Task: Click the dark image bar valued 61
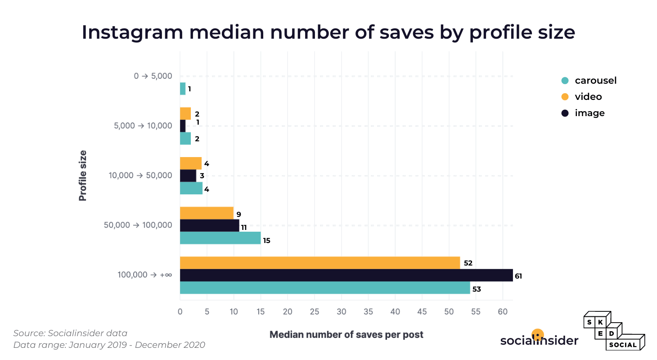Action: (x=346, y=275)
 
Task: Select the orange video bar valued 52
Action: (x=319, y=263)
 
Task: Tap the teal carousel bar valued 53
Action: (x=324, y=288)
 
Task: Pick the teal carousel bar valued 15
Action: (x=220, y=238)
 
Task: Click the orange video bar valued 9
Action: (x=207, y=213)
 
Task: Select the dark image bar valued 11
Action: (x=209, y=225)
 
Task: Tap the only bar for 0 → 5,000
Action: (x=183, y=89)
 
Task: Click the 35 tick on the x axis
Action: (x=368, y=311)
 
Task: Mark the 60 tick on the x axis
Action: (x=503, y=311)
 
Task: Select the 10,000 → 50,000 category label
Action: (x=140, y=175)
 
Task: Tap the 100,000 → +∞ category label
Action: (x=144, y=274)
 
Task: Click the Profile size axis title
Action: (x=83, y=175)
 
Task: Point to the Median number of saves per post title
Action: (x=346, y=335)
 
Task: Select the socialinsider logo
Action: (x=539, y=340)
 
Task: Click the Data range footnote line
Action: (x=109, y=345)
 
